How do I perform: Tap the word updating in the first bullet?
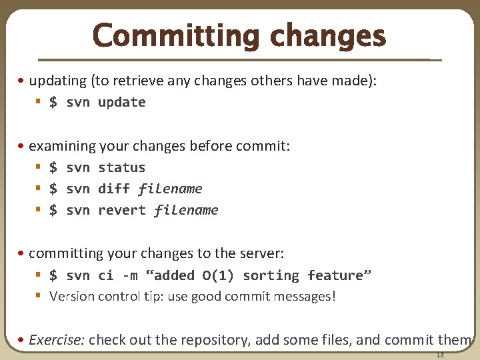(x=58, y=81)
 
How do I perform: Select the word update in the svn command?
(x=121, y=102)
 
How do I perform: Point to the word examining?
(x=63, y=146)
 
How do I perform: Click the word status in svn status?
(x=121, y=167)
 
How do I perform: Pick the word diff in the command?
(x=113, y=189)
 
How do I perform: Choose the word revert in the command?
(x=121, y=210)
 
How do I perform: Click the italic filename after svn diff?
(x=170, y=189)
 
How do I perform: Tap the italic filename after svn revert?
(x=186, y=210)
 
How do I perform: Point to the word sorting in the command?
(x=271, y=275)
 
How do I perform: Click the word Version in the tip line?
(x=72, y=296)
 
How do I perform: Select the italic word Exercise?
(x=57, y=339)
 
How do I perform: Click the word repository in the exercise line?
(x=215, y=339)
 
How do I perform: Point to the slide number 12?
(x=439, y=354)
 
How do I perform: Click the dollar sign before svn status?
(x=53, y=167)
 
